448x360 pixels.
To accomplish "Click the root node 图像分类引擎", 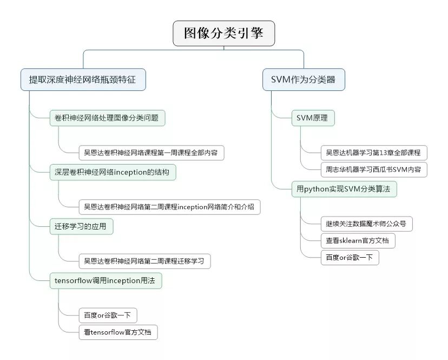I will (223, 34).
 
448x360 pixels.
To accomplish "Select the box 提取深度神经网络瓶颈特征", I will (82, 80).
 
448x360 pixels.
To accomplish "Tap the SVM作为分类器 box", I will (303, 80).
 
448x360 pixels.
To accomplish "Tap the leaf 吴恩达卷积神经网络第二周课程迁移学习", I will (143, 261).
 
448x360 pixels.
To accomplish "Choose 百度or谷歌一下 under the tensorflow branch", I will (103, 315).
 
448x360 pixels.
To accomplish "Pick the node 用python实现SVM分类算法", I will (343, 189).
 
